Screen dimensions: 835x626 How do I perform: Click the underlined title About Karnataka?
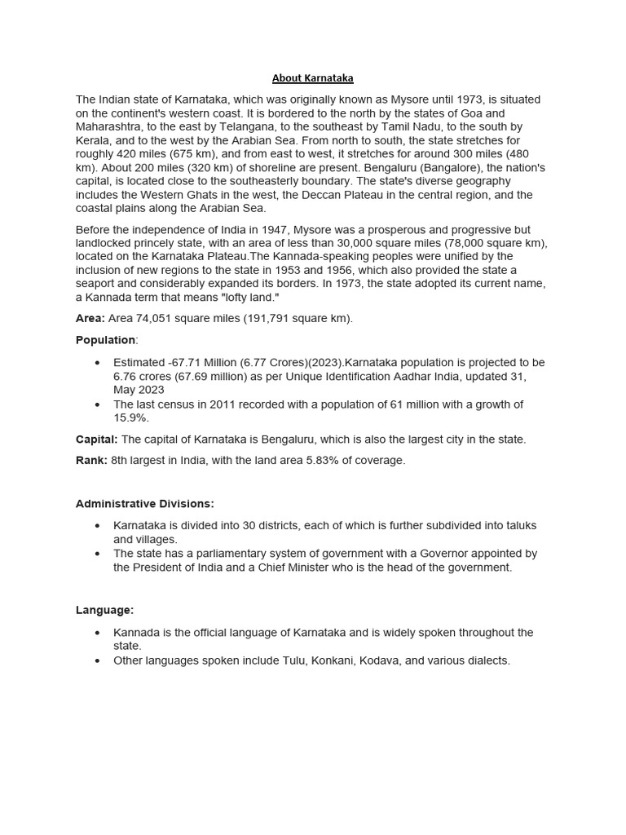[312, 78]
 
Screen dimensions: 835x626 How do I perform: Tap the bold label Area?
[90, 318]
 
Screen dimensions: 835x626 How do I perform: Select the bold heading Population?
[105, 339]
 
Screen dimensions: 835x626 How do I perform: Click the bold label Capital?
[96, 439]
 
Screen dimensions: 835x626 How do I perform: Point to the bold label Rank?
[91, 460]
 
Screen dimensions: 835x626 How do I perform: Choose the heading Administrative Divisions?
[145, 504]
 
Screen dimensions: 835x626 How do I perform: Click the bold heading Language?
[104, 610]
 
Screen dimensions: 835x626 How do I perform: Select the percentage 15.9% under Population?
[130, 417]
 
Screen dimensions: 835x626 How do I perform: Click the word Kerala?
[93, 140]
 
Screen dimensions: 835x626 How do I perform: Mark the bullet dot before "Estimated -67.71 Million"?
[98, 362]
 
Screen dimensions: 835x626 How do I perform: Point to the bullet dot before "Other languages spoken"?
[98, 660]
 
